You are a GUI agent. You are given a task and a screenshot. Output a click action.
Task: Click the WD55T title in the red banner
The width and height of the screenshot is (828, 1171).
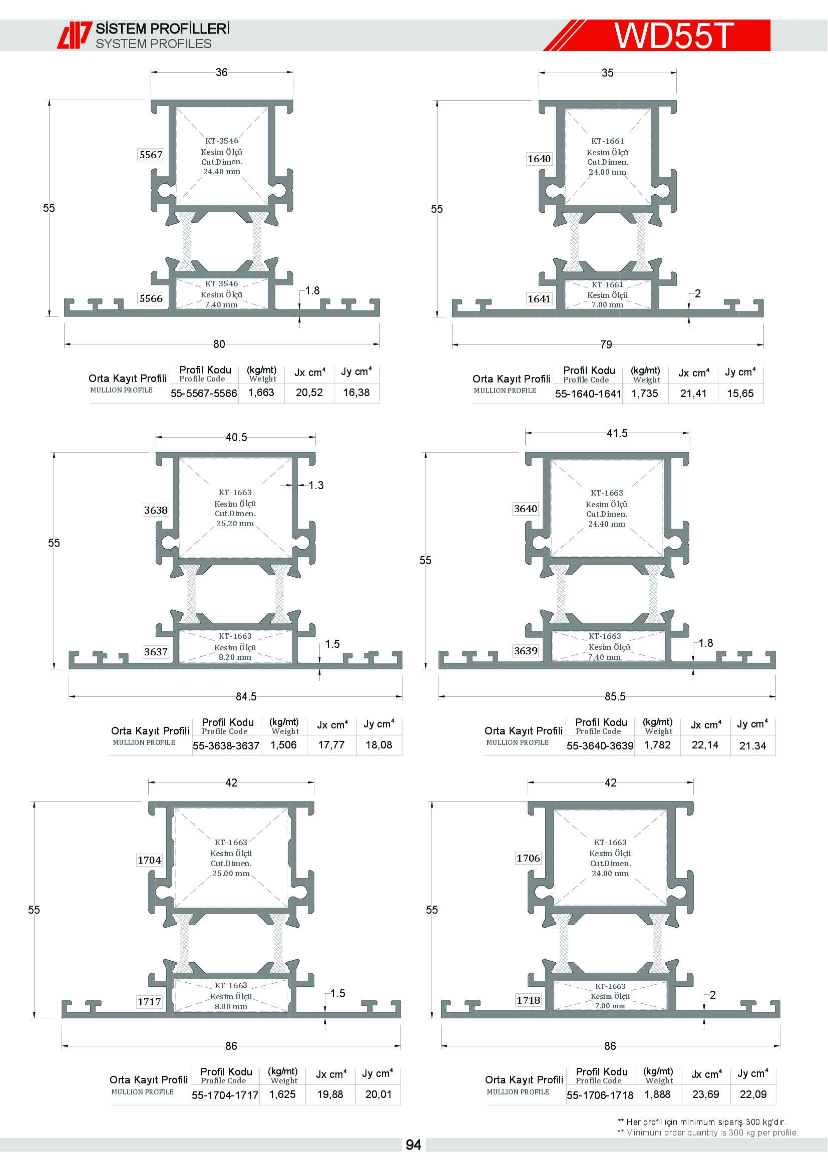pyautogui.click(x=673, y=35)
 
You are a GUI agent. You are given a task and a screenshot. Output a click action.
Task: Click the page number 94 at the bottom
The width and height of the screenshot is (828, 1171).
pyautogui.click(x=413, y=1145)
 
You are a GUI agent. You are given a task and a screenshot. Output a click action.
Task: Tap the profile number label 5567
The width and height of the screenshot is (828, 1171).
pyautogui.click(x=151, y=155)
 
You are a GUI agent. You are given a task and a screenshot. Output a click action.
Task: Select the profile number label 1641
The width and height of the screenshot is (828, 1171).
pyautogui.click(x=539, y=299)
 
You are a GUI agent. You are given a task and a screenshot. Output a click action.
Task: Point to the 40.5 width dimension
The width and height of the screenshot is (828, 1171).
pyautogui.click(x=236, y=437)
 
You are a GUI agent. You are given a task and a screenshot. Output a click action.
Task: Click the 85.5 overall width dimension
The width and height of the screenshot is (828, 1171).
pyautogui.click(x=615, y=696)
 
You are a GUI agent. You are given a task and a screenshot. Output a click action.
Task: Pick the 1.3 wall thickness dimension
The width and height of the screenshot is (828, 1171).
pyautogui.click(x=316, y=485)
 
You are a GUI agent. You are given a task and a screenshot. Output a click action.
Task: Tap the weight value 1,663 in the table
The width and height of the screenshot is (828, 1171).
pyautogui.click(x=261, y=392)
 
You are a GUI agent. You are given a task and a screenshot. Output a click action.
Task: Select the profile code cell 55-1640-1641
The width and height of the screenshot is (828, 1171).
pyautogui.click(x=588, y=394)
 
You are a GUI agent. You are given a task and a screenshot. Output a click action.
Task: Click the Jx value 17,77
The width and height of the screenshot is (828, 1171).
pyautogui.click(x=331, y=744)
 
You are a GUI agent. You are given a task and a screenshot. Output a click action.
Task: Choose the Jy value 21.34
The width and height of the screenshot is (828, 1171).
pyautogui.click(x=752, y=745)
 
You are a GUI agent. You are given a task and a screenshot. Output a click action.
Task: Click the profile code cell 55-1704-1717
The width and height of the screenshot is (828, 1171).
pyautogui.click(x=225, y=1095)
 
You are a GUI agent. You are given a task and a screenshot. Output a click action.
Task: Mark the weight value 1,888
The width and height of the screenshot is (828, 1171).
pyautogui.click(x=658, y=1094)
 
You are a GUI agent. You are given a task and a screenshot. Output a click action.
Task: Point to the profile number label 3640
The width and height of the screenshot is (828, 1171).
pyautogui.click(x=525, y=509)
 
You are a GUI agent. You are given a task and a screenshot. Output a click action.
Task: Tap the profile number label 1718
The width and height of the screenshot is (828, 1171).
pyautogui.click(x=528, y=1000)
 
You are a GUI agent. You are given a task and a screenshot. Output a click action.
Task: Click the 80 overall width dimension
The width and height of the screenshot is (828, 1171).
pyautogui.click(x=219, y=344)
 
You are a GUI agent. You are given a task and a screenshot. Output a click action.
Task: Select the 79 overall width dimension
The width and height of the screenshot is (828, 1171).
pyautogui.click(x=606, y=344)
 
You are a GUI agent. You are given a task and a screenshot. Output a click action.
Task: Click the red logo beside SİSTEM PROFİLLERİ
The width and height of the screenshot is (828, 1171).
pyautogui.click(x=74, y=35)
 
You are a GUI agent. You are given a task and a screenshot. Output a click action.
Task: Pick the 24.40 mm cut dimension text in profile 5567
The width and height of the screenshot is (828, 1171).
pyautogui.click(x=222, y=172)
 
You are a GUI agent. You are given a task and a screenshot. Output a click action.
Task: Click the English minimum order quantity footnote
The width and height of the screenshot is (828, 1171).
pyautogui.click(x=708, y=1132)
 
